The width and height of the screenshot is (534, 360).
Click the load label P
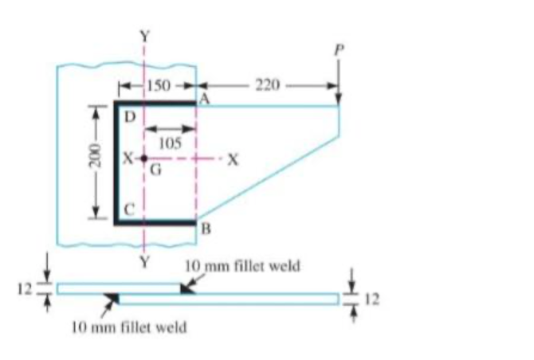(x=338, y=49)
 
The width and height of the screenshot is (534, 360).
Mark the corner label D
(x=128, y=116)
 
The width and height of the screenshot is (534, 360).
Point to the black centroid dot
(x=143, y=158)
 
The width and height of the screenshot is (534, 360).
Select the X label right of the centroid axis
(x=233, y=158)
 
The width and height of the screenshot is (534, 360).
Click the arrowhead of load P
(x=339, y=100)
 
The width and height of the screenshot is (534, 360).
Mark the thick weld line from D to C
(x=116, y=163)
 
